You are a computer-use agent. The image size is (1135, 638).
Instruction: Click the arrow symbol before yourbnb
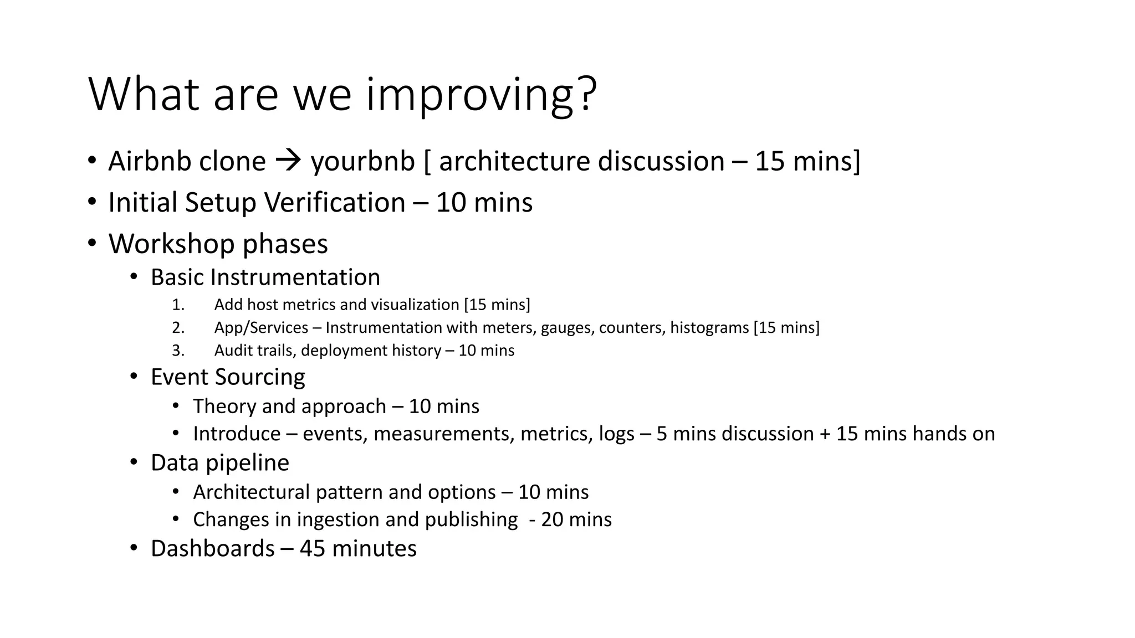coord(288,161)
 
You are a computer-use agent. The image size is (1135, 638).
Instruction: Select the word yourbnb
coord(362,162)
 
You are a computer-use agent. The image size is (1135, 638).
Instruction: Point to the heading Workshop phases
coord(218,244)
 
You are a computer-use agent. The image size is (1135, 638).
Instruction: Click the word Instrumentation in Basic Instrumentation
coord(295,277)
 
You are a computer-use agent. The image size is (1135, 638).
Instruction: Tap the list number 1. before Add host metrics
coord(178,305)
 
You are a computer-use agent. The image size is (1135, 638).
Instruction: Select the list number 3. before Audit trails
coord(178,351)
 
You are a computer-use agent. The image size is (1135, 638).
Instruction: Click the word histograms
coord(709,328)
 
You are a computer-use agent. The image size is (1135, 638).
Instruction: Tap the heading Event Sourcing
coord(228,377)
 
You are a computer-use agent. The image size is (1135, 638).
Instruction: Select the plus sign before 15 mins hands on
coord(825,434)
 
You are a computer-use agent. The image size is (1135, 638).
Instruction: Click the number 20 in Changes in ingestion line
coord(553,520)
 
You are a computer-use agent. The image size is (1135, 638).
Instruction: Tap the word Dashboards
coord(212,549)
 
